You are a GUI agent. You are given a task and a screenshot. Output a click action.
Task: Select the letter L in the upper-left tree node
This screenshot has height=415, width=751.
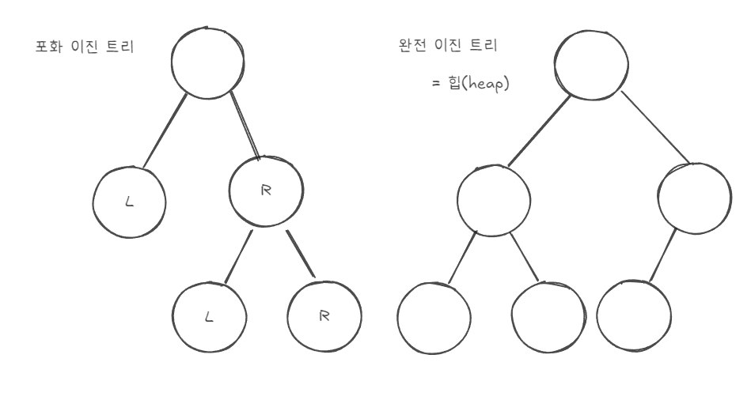[x=131, y=202]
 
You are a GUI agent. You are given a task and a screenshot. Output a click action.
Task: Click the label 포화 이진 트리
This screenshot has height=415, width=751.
[x=80, y=47]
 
